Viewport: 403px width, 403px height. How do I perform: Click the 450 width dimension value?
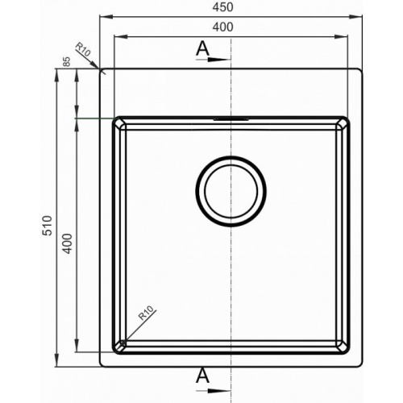[x=222, y=7]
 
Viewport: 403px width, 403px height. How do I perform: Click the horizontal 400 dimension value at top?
[x=222, y=27]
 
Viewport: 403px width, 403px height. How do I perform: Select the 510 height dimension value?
[x=47, y=226]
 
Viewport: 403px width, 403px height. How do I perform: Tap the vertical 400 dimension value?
[x=68, y=243]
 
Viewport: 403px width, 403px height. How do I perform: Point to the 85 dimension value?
[x=67, y=61]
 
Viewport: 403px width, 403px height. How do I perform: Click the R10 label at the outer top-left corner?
[x=83, y=49]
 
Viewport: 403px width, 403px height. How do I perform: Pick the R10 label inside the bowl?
[x=147, y=313]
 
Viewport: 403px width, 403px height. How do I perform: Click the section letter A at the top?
[x=202, y=48]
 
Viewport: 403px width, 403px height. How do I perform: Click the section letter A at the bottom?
[x=202, y=376]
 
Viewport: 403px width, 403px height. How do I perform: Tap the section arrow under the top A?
[x=214, y=60]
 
